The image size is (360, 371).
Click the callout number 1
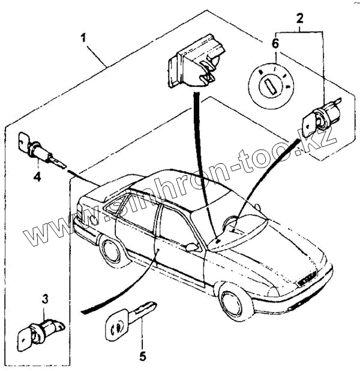pyautogui.click(x=85, y=38)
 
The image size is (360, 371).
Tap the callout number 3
pyautogui.click(x=44, y=298)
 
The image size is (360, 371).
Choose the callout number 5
pyautogui.click(x=142, y=356)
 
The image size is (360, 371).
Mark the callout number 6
pyautogui.click(x=275, y=43)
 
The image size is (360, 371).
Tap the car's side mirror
pyautogui.click(x=193, y=246)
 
